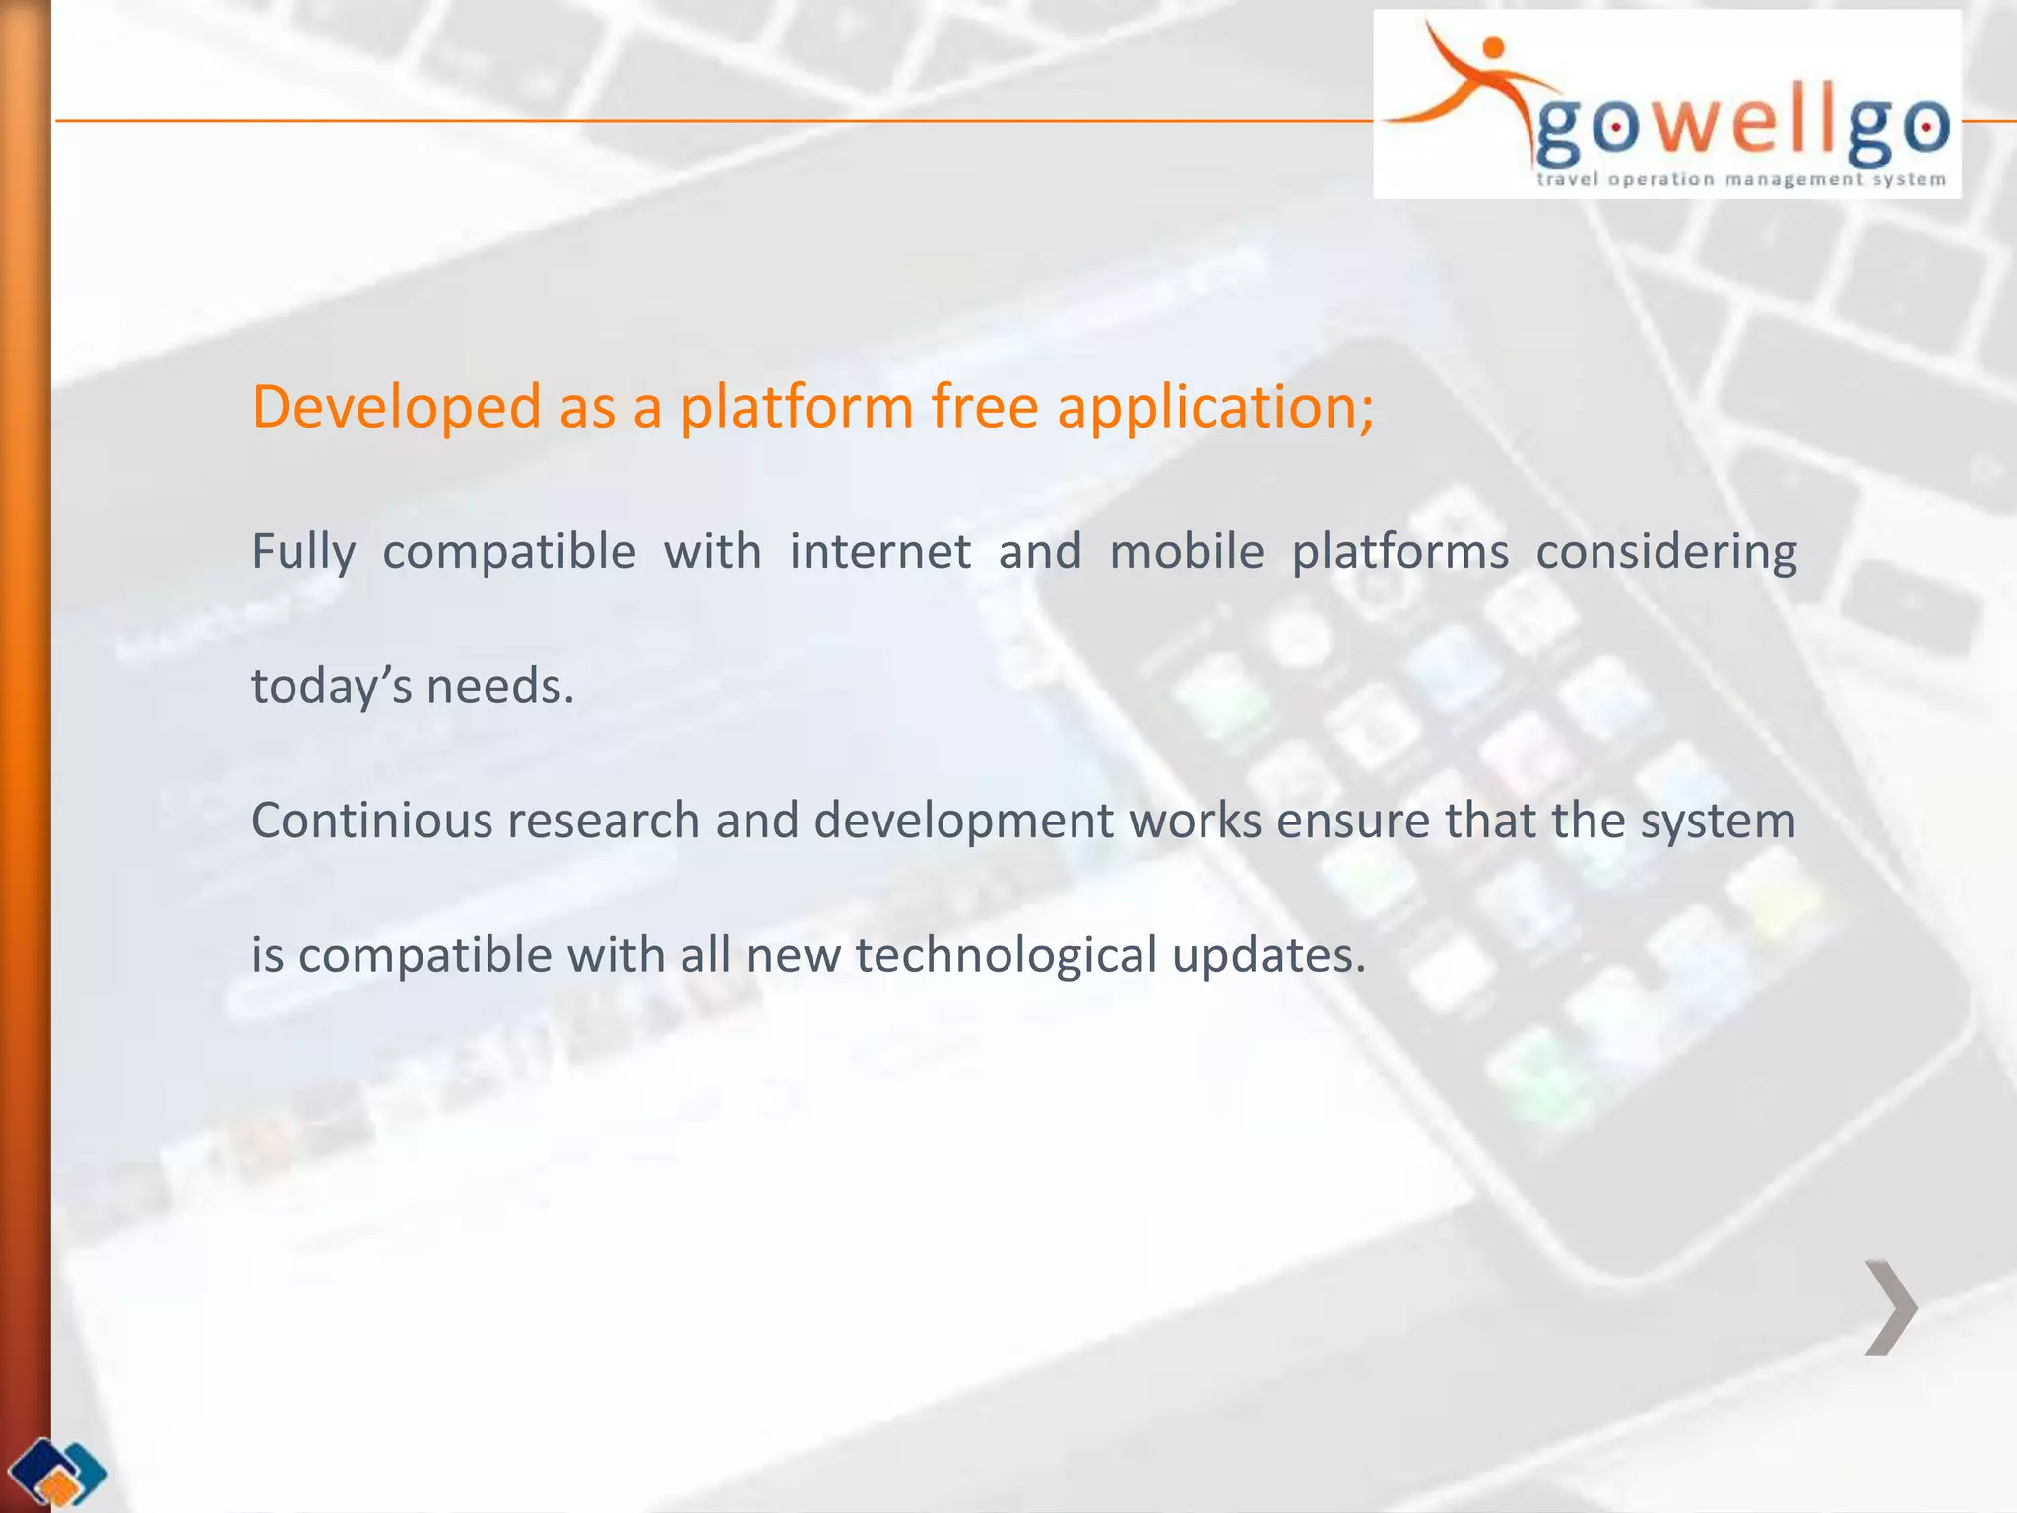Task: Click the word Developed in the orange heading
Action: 396,407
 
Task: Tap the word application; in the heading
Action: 1214,407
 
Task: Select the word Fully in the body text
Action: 303,552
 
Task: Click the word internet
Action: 879,552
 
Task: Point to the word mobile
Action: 1186,552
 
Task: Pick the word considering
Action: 1665,552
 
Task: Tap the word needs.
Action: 499,686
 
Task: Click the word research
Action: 603,821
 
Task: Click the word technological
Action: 1005,954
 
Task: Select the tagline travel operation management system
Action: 1740,179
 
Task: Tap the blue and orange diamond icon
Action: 57,1472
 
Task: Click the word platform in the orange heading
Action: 797,407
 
